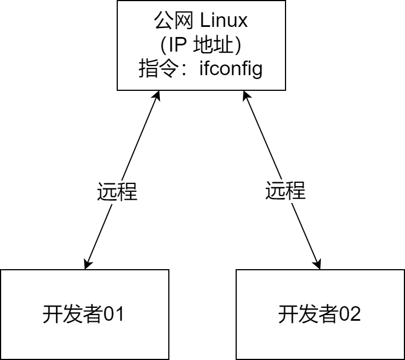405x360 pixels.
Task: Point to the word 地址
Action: pos(215,45)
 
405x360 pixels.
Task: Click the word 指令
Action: pos(158,70)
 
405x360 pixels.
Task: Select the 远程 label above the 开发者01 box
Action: pos(117,192)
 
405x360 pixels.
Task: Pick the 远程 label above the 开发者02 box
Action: pos(286,192)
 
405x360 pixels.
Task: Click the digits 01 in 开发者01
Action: pos(114,315)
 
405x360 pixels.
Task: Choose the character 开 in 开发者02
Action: pos(288,315)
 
